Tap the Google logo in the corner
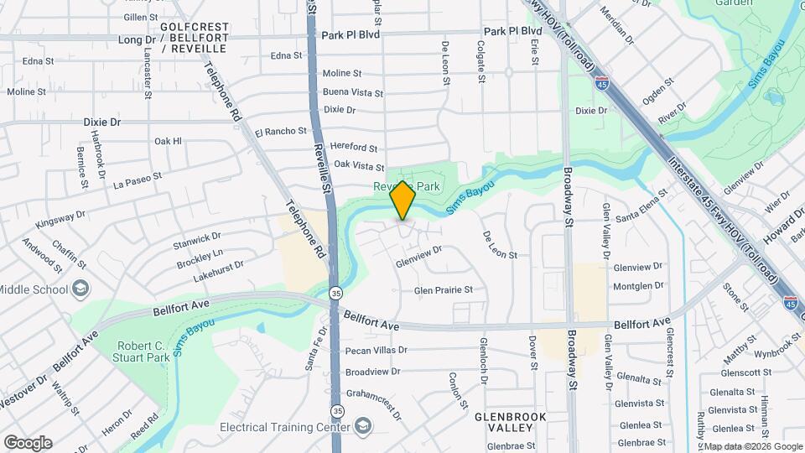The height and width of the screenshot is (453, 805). (28, 442)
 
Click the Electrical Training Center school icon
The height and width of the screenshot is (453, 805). (362, 426)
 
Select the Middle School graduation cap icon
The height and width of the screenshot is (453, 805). (80, 290)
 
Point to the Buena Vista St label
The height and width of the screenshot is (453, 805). (352, 92)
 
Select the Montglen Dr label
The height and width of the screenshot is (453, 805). (638, 285)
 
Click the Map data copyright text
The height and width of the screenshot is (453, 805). (752, 446)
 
